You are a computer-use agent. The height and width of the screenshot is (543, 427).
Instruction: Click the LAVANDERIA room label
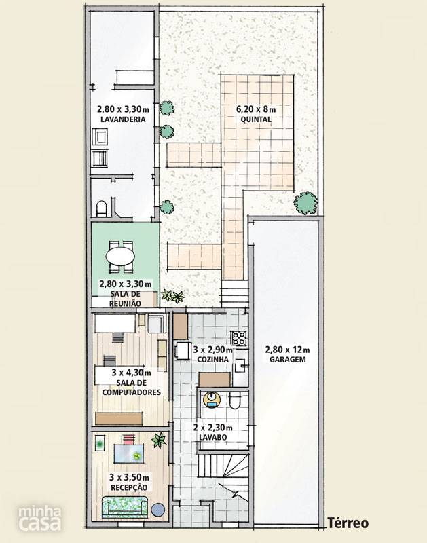coord(123,119)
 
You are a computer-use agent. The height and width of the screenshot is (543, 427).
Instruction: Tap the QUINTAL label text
coord(256,119)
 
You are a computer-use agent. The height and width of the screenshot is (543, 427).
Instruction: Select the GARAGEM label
coord(288,360)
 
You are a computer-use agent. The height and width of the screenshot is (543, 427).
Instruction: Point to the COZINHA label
coord(213,360)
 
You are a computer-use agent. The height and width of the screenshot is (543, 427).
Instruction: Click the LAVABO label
coord(213,437)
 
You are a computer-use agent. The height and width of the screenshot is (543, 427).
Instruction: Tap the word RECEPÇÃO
coord(129,487)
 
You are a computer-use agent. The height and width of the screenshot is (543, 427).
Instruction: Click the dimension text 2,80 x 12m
coord(287,350)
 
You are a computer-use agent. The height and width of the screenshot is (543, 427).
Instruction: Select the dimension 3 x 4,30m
coord(131,373)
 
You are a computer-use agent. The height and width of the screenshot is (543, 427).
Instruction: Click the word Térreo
coord(348,523)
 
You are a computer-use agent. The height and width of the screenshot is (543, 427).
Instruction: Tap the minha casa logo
coord(40,519)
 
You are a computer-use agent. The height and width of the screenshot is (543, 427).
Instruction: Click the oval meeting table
coord(120,257)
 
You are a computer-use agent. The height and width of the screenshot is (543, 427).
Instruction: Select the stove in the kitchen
coord(239,338)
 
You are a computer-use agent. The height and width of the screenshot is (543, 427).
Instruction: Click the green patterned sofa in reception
coord(125,506)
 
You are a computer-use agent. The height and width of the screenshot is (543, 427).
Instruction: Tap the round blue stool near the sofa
coord(159,510)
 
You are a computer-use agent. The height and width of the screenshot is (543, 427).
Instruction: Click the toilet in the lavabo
coord(235,400)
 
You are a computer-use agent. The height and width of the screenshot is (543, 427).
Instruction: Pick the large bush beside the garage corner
coord(305,203)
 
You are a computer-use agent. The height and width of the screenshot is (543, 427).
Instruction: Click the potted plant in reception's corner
coord(159,440)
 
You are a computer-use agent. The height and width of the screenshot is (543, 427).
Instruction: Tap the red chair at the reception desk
coord(128,440)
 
